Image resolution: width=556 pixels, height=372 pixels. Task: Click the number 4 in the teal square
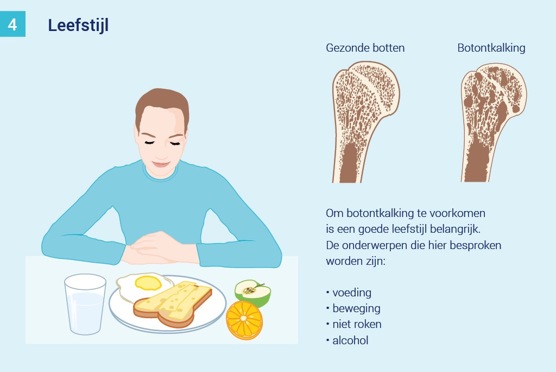tap(12, 24)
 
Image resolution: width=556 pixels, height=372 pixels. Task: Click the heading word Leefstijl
tap(78, 26)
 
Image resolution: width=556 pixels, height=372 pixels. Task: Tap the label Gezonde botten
tap(365, 48)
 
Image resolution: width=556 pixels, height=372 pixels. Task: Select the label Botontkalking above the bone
tap(491, 48)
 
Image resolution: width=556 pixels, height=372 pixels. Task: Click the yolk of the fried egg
tap(148, 283)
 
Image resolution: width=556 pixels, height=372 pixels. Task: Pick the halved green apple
tap(253, 293)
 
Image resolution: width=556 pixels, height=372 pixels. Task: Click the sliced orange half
tap(244, 320)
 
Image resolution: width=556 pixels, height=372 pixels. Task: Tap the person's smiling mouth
tap(161, 164)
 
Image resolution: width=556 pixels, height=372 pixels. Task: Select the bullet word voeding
tap(352, 293)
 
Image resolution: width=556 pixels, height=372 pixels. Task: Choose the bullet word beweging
tap(356, 308)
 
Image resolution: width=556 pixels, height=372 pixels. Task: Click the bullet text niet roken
tap(357, 324)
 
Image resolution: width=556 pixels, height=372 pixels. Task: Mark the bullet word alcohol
tap(350, 340)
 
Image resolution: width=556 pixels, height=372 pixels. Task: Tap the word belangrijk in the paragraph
tap(455, 229)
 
